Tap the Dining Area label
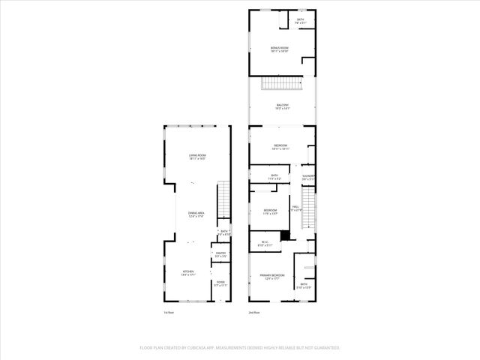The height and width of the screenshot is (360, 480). [x=196, y=214]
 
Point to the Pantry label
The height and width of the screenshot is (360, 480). [x=220, y=255]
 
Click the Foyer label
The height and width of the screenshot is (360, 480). [x=220, y=283]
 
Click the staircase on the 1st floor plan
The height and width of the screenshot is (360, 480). [x=223, y=199]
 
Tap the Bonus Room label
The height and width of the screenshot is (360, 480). [x=280, y=49]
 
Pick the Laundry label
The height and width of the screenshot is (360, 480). [x=308, y=178]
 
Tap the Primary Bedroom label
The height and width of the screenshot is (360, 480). [x=270, y=277]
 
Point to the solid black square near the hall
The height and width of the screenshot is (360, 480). [x=283, y=235]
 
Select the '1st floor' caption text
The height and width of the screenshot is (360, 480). [x=169, y=312]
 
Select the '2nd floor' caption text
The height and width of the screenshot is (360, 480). [x=255, y=312]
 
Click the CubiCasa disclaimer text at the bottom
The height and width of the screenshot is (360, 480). [x=240, y=348]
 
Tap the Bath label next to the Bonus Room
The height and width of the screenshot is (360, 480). [x=301, y=21]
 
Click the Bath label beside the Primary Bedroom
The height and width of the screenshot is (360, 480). [x=304, y=286]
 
